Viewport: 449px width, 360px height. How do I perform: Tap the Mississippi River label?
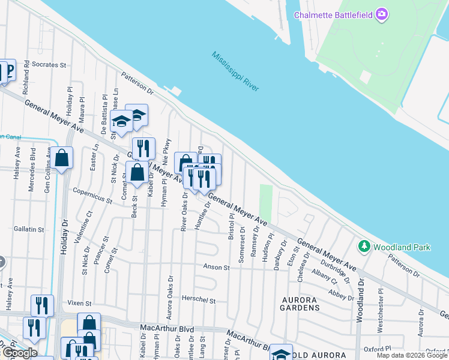point(235,71)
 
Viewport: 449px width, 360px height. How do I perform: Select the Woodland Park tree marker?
point(363,246)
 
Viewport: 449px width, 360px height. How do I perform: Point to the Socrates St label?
point(46,64)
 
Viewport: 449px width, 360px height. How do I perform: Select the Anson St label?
point(217,266)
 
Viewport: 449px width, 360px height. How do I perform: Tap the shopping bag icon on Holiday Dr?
point(62,159)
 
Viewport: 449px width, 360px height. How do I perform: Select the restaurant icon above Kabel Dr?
point(143,148)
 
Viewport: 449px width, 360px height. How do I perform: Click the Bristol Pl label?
point(231,226)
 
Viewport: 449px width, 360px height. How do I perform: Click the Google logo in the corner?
point(20,353)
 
